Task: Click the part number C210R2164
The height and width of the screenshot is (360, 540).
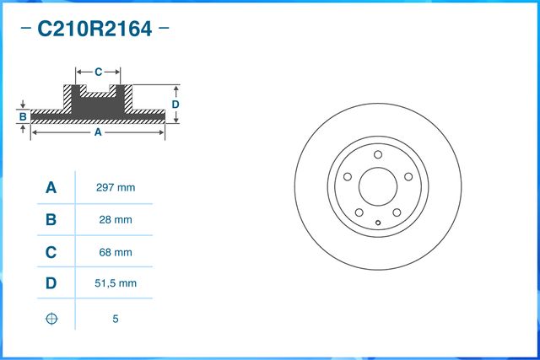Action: coord(94,30)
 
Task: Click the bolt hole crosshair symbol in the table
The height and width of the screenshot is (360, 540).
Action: coord(51,319)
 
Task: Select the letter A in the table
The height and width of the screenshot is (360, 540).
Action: coord(51,187)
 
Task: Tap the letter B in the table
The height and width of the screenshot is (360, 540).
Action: coord(51,219)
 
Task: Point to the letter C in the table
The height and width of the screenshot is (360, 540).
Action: coord(51,251)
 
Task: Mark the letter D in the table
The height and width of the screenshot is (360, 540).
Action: coord(51,283)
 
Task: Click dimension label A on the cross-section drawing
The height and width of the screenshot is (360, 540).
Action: coord(97,132)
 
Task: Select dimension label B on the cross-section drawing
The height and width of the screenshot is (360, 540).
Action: coord(23,116)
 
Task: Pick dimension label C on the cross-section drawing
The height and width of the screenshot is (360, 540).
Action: coord(98,72)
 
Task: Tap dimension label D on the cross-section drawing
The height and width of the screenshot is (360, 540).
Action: coord(175,104)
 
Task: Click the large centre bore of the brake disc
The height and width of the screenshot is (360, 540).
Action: coord(378,186)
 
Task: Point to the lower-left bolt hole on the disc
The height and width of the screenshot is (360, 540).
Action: coord(359,212)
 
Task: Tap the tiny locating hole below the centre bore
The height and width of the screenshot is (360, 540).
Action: coord(378,223)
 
